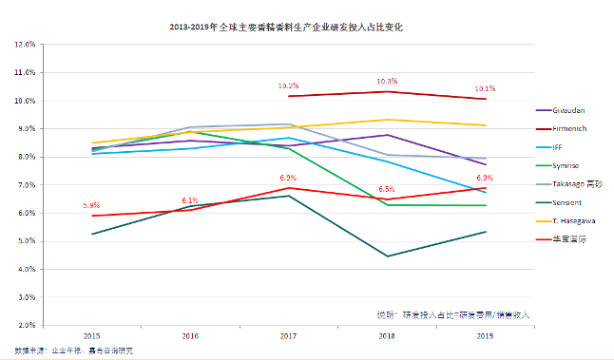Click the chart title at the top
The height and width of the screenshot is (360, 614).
(x=306, y=28)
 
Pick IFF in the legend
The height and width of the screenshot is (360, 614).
(x=562, y=147)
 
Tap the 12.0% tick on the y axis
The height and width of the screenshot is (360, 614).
(x=25, y=45)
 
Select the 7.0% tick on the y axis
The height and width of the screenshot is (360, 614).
(x=26, y=185)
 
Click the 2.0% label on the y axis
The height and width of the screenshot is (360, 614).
(x=26, y=326)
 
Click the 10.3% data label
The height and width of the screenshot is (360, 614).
(x=387, y=82)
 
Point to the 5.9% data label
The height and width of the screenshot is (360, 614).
(x=92, y=205)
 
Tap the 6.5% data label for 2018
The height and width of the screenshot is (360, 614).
(x=387, y=189)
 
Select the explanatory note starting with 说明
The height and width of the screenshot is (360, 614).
(x=452, y=313)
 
